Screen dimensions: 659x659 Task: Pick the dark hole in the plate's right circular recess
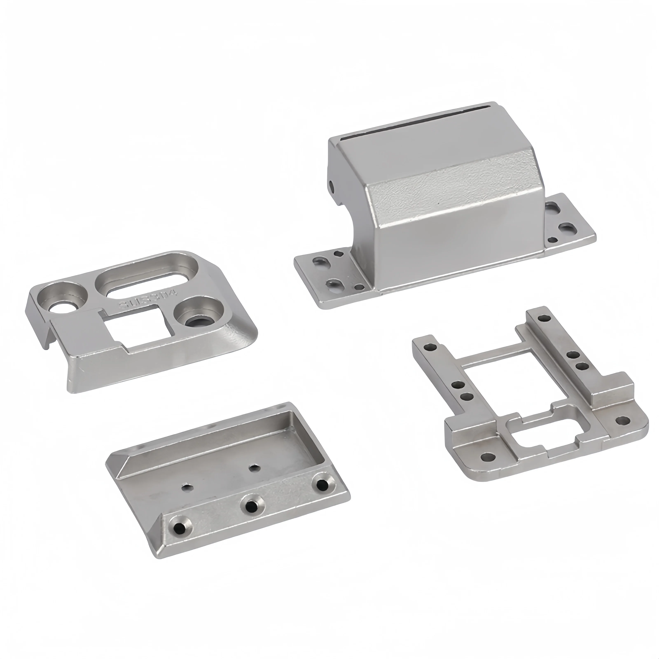(197, 320)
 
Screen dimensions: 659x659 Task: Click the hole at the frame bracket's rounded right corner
(623, 421)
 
